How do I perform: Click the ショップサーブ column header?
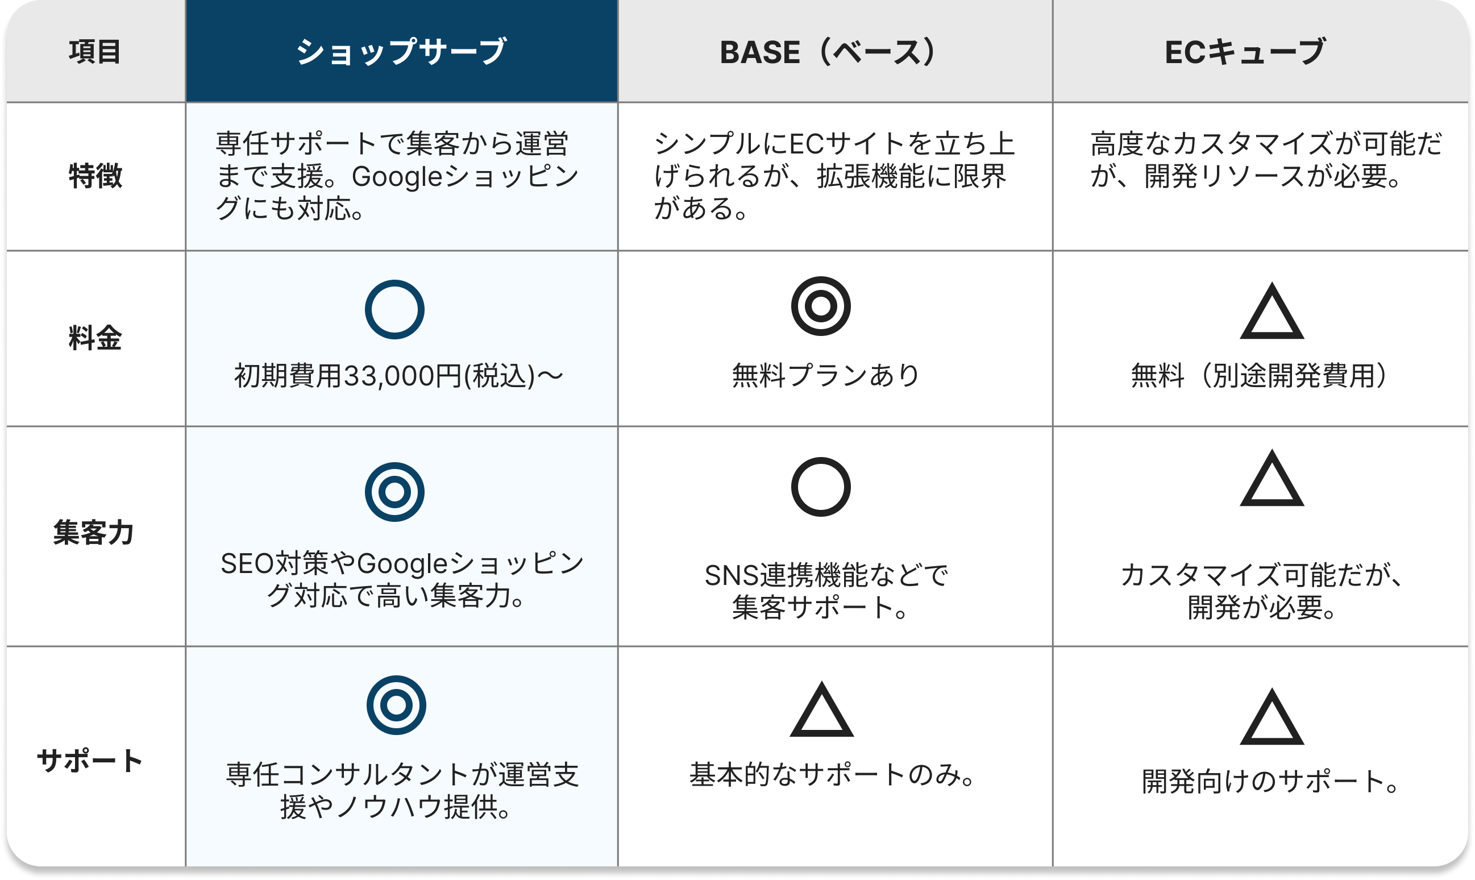[401, 52]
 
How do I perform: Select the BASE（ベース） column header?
[828, 52]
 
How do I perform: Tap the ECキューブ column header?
[1245, 52]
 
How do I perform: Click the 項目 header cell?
[95, 52]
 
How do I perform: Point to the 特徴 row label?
[95, 176]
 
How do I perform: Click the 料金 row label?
[95, 338]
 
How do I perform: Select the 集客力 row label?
[94, 532]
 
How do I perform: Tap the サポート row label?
[90, 760]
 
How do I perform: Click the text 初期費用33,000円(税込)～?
[398, 376]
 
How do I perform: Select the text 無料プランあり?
[825, 375]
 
